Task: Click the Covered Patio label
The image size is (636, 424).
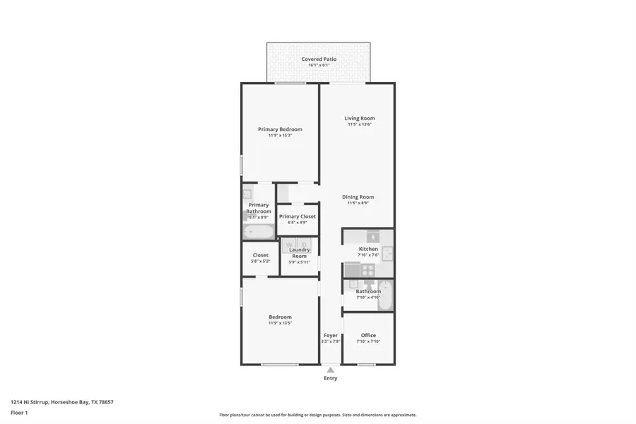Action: pos(319,59)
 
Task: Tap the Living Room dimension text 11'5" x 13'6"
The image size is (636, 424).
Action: pos(359,124)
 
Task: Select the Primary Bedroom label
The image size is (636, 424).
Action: pos(280,129)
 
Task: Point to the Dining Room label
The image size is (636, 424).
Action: pos(358,197)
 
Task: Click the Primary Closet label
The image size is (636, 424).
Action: pos(297,216)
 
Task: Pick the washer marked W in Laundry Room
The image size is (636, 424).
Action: pos(289,245)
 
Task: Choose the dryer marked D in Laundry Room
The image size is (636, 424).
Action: pos(305,245)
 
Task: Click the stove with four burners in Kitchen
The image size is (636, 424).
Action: pos(368,269)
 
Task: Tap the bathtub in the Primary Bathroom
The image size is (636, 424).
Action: pos(258,232)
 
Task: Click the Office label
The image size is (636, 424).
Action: pos(368,335)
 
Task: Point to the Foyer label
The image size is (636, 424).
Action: pos(330,335)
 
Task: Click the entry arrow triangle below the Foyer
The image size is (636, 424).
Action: pos(330,370)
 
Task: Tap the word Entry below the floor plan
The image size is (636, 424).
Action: pos(330,378)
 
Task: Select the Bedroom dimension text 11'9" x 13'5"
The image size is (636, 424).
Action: pos(280,323)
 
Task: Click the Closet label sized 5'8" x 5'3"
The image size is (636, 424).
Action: pos(260,255)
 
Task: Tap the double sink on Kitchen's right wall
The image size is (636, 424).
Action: pos(387,253)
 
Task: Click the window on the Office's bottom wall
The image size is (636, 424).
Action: pos(366,365)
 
